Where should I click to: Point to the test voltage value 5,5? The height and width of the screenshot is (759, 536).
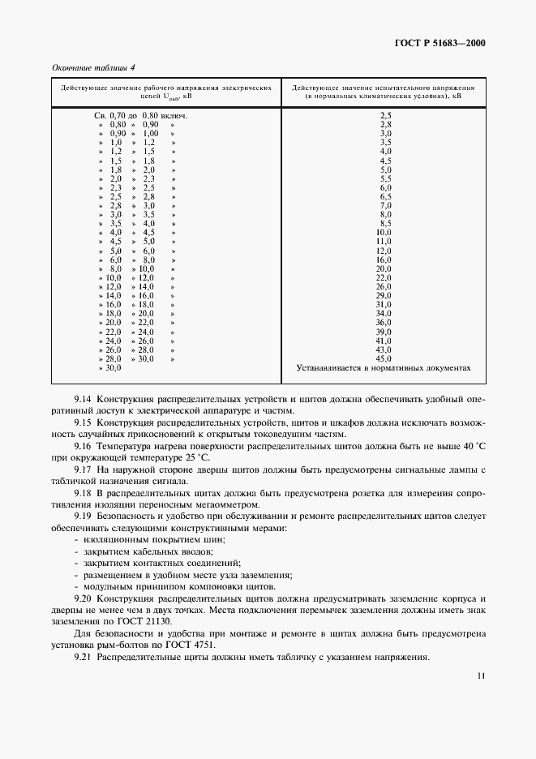(x=385, y=178)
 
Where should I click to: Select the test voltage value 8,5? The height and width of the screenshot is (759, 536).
(x=385, y=223)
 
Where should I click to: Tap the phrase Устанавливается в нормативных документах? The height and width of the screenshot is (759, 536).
(x=384, y=367)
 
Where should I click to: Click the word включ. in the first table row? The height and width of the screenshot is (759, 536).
(x=174, y=116)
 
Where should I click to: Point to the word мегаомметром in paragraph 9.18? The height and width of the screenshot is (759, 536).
(x=230, y=504)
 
